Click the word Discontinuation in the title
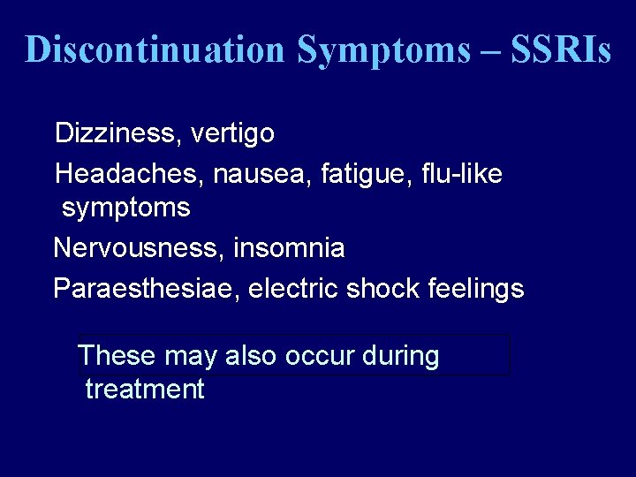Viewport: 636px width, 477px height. point(156,49)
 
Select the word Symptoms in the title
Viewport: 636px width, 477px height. point(384,49)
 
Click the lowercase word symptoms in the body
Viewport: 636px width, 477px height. point(125,209)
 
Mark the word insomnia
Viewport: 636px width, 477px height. point(289,248)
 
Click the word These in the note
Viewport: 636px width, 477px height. point(116,356)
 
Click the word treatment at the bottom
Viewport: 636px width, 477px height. point(145,390)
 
